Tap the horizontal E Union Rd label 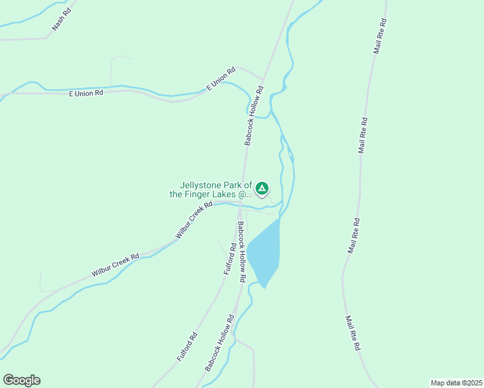[x=86, y=93]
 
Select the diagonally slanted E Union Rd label [x=220, y=79]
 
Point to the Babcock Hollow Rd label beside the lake [x=240, y=252]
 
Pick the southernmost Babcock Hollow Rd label [x=219, y=344]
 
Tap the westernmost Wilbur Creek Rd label [x=115, y=265]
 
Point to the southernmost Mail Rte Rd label [x=352, y=333]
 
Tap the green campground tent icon [x=262, y=189]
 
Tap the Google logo [x=21, y=380]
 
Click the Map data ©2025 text [x=456, y=383]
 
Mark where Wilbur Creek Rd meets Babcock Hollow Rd [x=239, y=206]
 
